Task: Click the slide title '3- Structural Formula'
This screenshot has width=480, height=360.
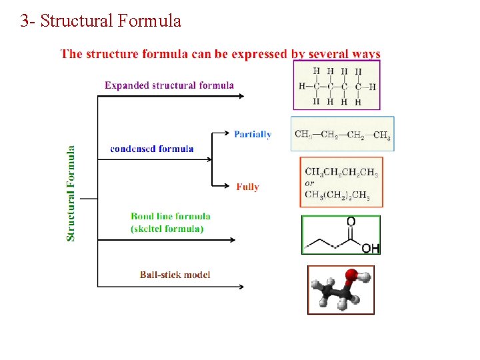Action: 101,21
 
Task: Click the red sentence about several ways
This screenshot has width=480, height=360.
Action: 220,54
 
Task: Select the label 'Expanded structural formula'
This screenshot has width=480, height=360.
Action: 169,85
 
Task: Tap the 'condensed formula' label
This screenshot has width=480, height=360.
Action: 152,148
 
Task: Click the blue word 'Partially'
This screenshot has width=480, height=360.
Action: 253,134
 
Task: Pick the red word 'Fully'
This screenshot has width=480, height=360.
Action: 247,187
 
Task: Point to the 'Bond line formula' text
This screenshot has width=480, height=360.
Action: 171,216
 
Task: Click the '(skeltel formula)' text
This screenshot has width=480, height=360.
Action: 167,229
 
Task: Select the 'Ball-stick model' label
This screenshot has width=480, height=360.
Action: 175,274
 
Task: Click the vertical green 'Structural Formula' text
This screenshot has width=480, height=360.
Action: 71,193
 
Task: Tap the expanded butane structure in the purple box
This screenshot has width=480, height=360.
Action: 337,85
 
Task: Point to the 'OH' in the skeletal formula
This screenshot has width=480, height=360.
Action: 371,248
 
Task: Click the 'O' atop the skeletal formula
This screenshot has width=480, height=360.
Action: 351,221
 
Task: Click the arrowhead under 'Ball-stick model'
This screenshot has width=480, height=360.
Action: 240,287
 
